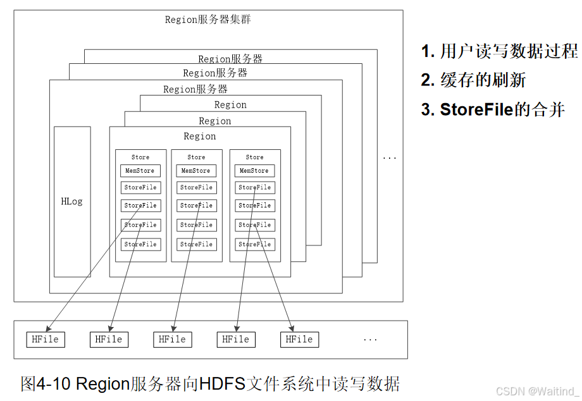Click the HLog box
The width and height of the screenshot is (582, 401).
tap(72, 202)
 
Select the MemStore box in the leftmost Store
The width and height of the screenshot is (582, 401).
tap(140, 171)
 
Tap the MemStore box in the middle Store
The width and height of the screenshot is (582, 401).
tap(196, 171)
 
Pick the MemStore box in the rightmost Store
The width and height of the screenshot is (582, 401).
tap(255, 171)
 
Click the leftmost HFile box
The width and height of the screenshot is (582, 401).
tap(46, 340)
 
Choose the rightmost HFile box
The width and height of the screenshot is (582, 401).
tap(299, 340)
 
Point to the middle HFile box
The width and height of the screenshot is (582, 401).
tap(173, 340)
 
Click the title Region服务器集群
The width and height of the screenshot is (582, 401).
tap(207, 20)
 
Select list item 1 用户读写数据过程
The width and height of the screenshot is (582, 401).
tap(500, 52)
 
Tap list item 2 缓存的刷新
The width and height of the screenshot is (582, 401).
tap(474, 80)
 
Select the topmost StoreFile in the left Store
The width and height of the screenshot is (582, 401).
tap(140, 187)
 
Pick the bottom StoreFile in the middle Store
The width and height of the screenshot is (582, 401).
tap(196, 244)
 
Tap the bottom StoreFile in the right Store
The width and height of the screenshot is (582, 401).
tap(255, 244)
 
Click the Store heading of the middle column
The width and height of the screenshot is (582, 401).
tap(196, 157)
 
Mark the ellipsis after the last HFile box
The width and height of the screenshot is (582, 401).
tap(370, 340)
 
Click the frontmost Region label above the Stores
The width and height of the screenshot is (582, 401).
tap(200, 136)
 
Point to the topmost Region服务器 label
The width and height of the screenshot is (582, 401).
tap(230, 59)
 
